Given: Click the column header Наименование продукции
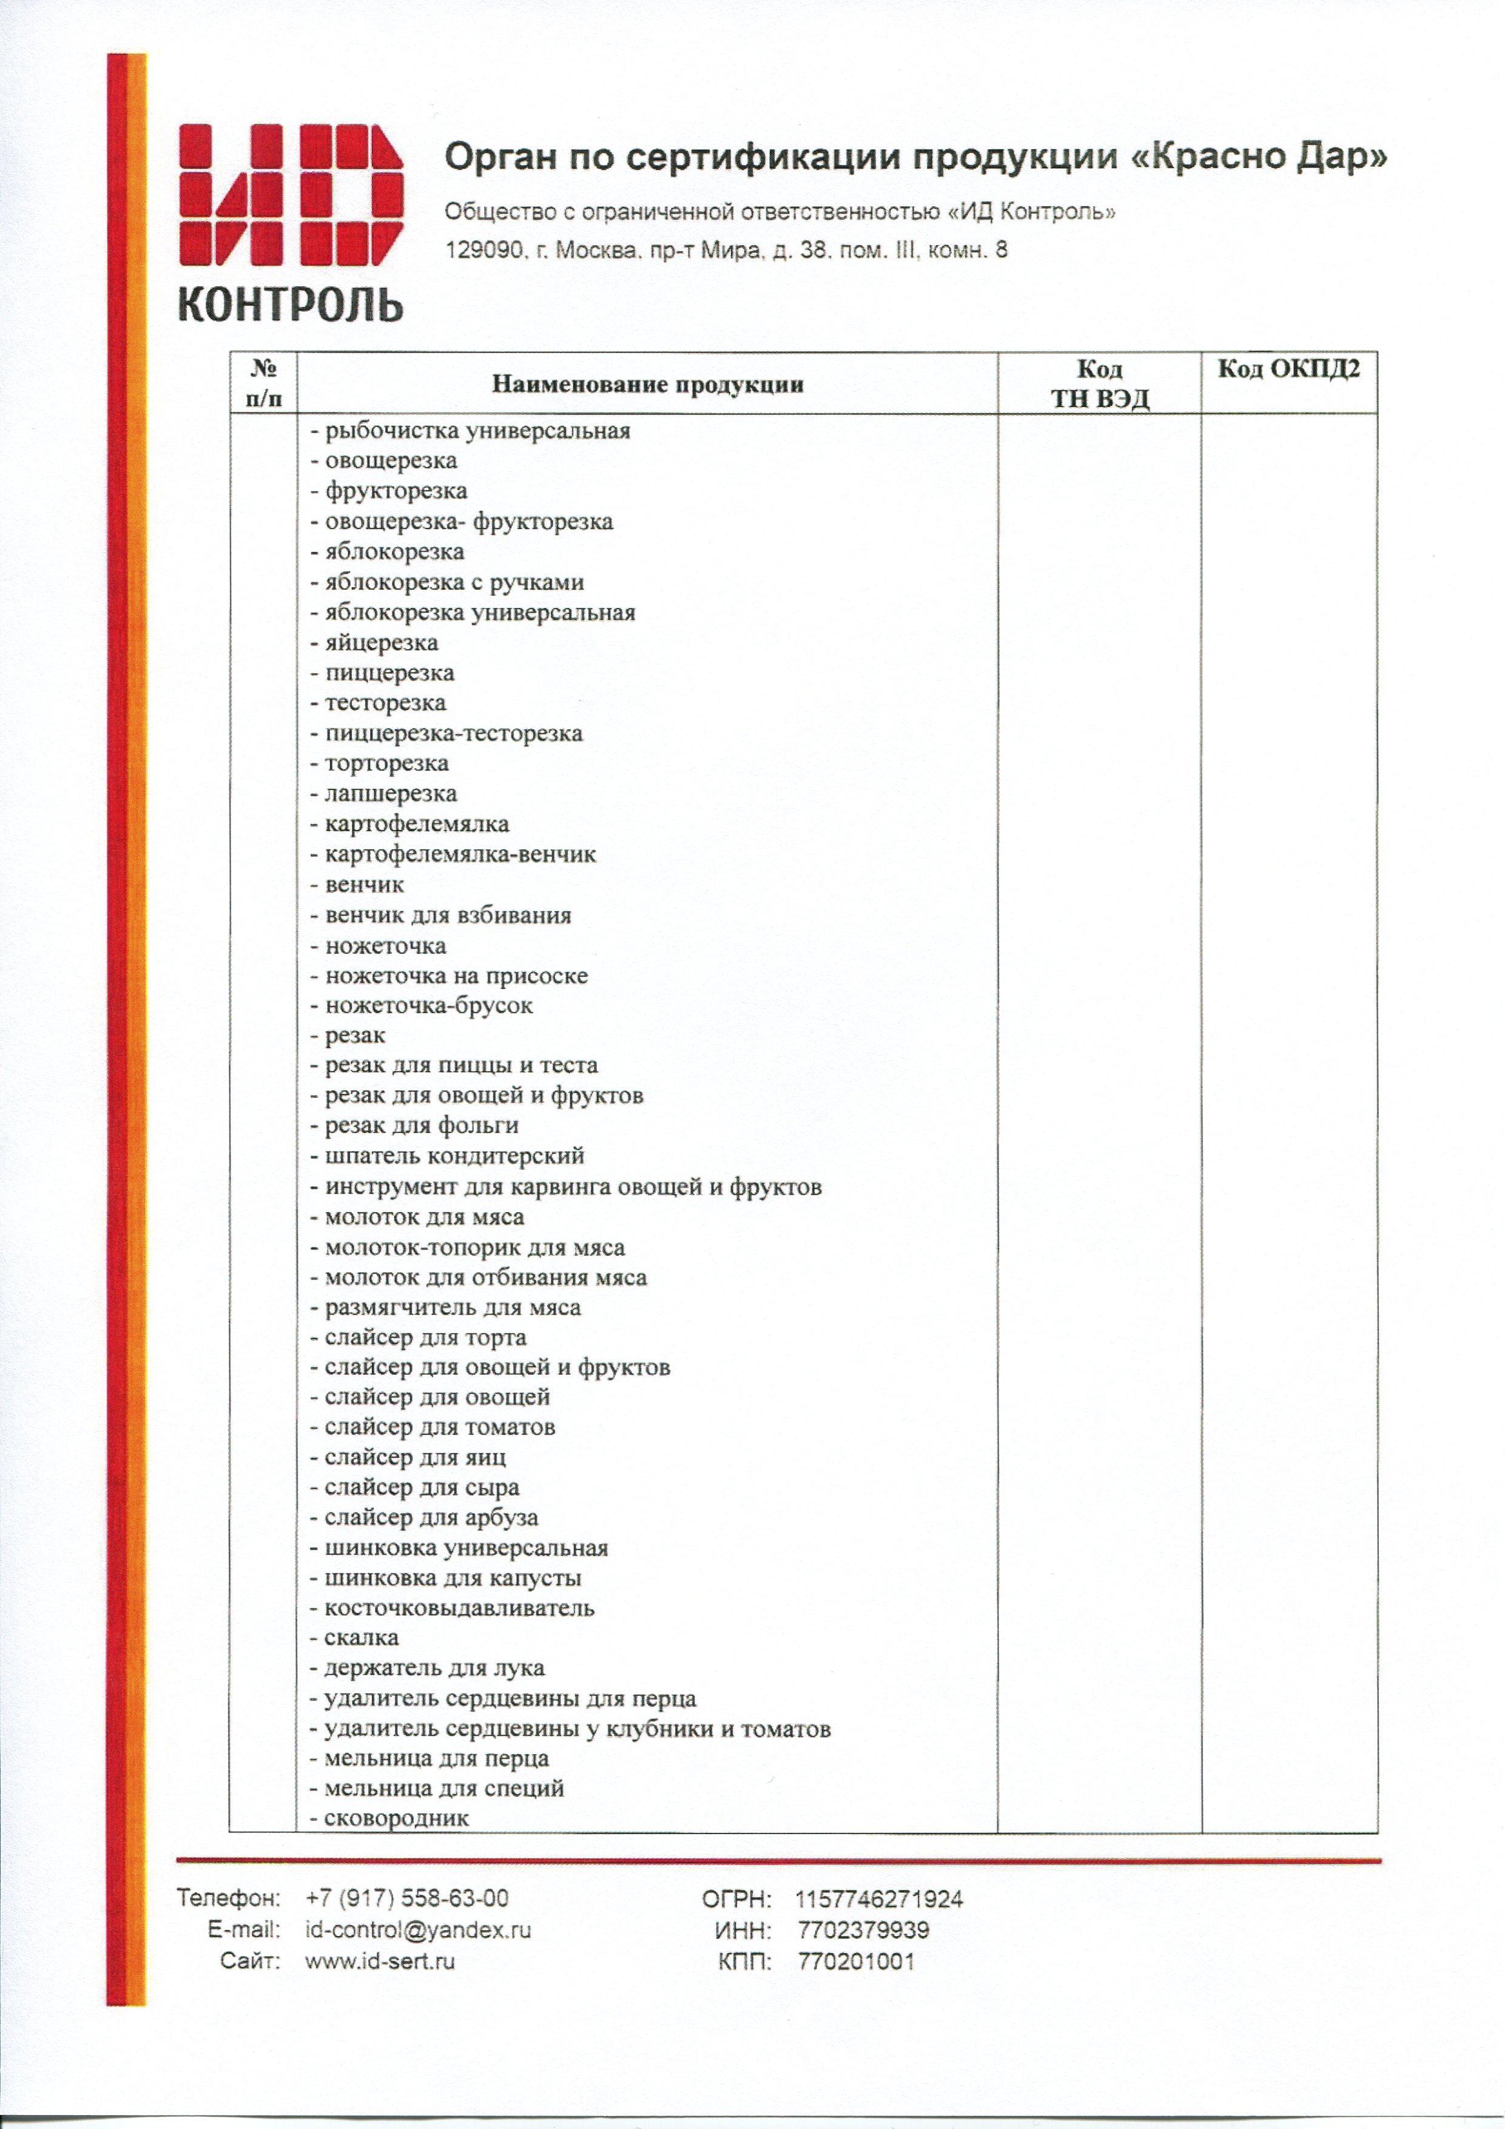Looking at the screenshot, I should tap(647, 385).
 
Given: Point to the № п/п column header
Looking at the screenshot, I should tap(264, 384).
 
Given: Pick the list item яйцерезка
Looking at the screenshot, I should tap(381, 643).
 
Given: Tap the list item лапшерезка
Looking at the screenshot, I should tap(391, 794).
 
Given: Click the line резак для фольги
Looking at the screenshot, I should tap(421, 1125).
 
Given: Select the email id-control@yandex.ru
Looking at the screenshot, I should tap(418, 1929).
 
